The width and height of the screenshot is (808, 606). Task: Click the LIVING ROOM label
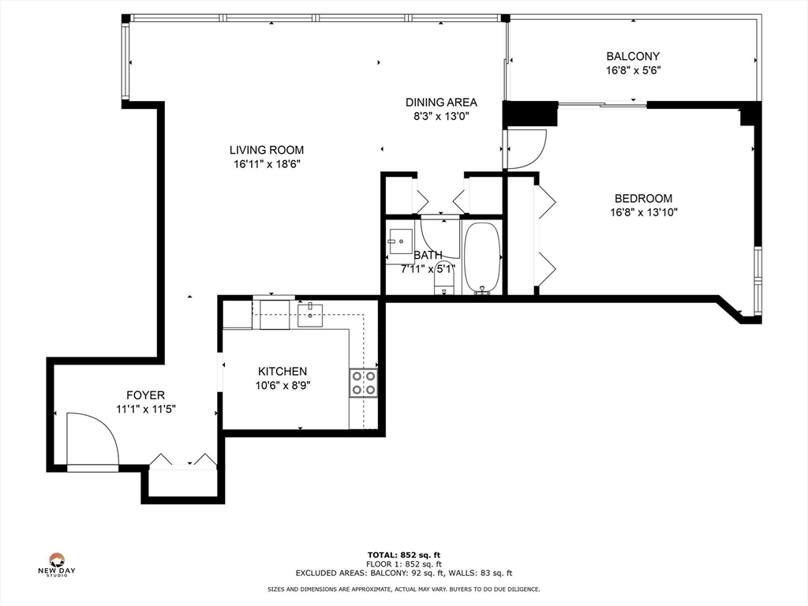point(267,150)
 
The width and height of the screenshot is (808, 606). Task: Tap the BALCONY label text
point(633,56)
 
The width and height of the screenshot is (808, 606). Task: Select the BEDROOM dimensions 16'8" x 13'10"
point(644,212)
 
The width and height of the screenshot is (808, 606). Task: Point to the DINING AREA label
point(441,103)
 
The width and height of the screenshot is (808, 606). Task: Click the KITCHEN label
point(282,372)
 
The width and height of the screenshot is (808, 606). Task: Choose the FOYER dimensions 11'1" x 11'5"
point(146,410)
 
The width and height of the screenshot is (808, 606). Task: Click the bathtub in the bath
point(482,258)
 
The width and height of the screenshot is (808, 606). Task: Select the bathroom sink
point(400,241)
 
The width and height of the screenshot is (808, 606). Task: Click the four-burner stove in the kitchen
point(364,383)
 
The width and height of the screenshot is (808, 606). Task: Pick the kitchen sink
point(310,316)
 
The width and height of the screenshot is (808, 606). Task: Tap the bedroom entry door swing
point(526,149)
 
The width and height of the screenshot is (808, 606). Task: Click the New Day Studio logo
point(57,564)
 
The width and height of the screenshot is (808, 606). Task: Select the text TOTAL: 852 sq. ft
point(403,555)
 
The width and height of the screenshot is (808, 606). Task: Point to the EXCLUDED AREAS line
point(404,573)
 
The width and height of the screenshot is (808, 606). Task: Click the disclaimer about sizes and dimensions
point(403,589)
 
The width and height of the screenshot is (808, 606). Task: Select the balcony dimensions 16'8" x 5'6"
point(633,70)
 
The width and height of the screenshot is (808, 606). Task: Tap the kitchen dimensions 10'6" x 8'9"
point(282,385)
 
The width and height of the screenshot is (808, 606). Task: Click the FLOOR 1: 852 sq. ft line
point(404,564)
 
